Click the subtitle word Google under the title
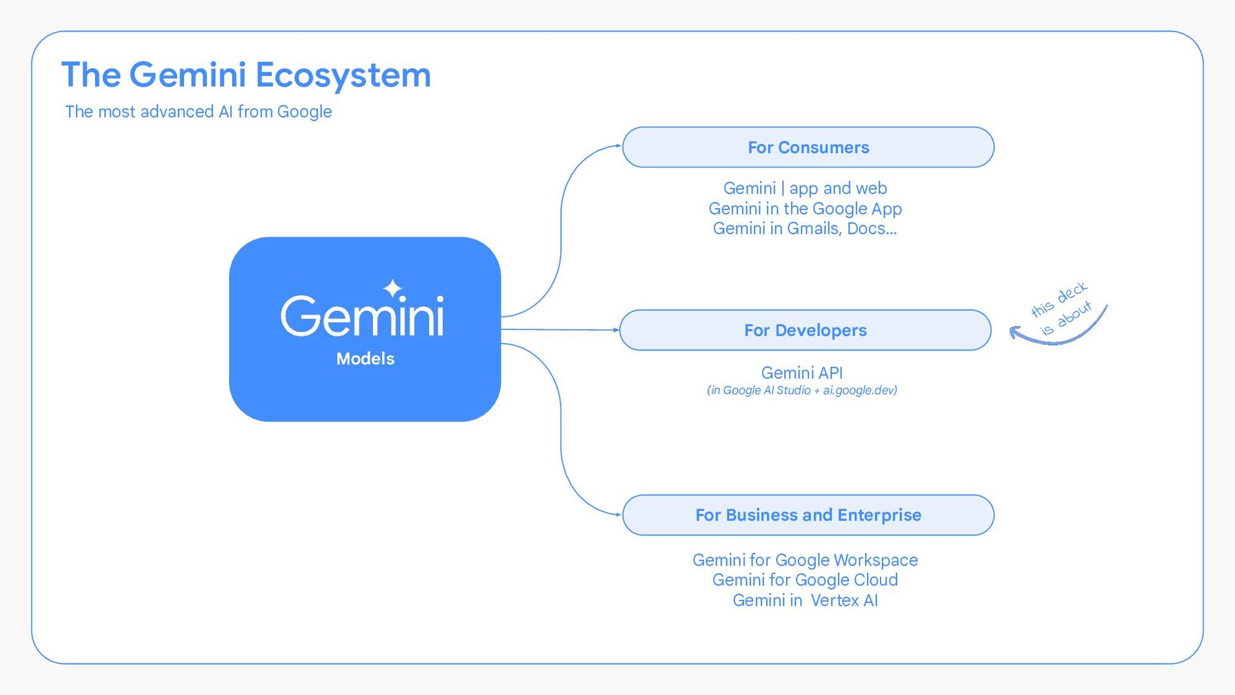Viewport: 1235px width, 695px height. click(304, 112)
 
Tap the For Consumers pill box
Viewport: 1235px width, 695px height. click(808, 147)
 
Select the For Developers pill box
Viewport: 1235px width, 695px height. click(805, 330)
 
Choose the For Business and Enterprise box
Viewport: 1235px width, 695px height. click(808, 515)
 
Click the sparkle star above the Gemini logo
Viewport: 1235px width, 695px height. click(392, 288)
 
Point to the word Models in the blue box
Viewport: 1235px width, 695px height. click(365, 358)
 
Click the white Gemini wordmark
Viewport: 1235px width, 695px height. click(362, 315)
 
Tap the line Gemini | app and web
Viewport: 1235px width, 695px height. click(805, 188)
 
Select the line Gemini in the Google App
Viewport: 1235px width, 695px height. click(805, 208)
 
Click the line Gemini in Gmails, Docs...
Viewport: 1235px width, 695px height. click(805, 228)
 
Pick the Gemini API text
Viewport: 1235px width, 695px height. click(801, 373)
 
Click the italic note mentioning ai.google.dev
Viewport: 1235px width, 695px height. click(801, 390)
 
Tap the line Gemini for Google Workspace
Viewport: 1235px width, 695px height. click(805, 560)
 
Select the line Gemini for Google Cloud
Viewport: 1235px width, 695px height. click(805, 580)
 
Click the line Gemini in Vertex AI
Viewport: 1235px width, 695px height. click(805, 600)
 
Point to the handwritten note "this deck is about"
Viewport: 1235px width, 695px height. click(1061, 308)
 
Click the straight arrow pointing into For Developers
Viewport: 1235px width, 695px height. click(560, 329)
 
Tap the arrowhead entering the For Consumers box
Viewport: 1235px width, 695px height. click(617, 146)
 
